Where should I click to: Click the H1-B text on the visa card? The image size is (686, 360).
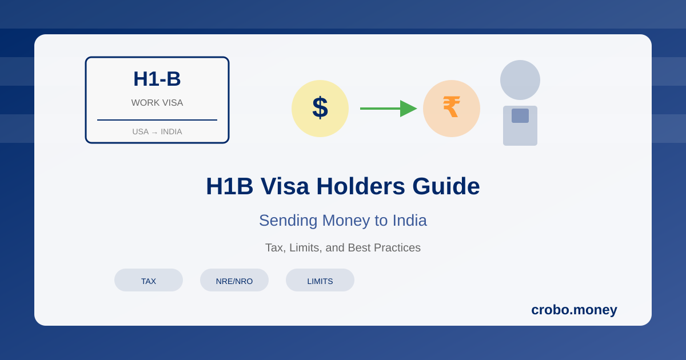(157, 79)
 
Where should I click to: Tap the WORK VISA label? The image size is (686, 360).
(157, 103)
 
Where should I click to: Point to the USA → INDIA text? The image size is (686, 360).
(157, 131)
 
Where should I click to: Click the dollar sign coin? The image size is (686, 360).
(320, 109)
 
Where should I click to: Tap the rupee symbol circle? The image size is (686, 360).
(452, 109)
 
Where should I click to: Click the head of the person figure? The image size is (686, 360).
(520, 80)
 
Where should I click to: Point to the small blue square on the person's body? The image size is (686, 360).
(520, 115)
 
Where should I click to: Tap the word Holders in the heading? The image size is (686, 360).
(361, 186)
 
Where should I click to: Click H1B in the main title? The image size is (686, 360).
(229, 186)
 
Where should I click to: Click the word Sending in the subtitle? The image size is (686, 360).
(288, 221)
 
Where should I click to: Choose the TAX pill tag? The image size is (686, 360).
(149, 281)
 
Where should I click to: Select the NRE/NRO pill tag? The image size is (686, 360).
(234, 281)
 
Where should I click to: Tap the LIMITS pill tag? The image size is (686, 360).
(320, 281)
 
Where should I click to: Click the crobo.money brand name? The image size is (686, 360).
(574, 310)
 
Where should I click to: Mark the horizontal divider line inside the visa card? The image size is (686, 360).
(157, 120)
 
